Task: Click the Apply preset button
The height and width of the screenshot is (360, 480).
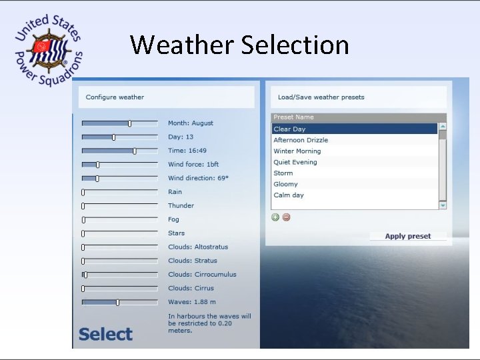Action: [408, 236]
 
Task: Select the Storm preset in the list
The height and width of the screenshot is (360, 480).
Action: [283, 173]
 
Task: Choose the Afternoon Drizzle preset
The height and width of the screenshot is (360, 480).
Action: [301, 140]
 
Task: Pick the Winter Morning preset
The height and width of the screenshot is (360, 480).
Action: [297, 151]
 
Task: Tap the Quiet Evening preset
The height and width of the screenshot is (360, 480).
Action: [295, 162]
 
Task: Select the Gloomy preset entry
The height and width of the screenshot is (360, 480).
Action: [286, 184]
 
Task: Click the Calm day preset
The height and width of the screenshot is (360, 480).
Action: [289, 195]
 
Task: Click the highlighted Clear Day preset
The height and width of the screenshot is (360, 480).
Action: [289, 129]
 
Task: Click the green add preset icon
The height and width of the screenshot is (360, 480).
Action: [275, 217]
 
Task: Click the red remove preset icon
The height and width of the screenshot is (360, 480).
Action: [287, 217]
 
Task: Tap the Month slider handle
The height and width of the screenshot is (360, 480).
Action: [129, 123]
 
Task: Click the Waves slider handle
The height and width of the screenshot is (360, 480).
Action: [117, 302]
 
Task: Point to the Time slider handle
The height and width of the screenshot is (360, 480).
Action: [135, 151]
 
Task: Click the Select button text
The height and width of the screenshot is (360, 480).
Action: [105, 334]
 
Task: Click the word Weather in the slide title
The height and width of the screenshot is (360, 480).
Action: [182, 45]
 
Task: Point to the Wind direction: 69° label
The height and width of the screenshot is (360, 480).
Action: [198, 178]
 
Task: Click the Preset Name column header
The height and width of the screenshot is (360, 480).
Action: [293, 117]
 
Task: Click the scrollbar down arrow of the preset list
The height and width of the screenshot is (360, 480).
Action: [443, 205]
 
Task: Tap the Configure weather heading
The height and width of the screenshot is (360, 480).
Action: [115, 97]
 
